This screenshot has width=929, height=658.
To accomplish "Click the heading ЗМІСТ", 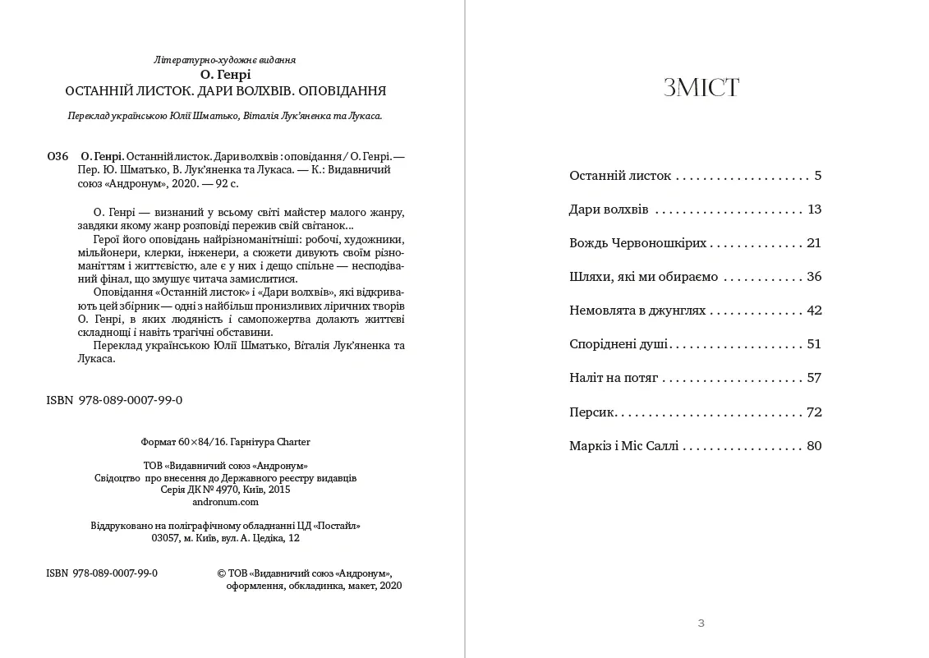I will (x=701, y=88).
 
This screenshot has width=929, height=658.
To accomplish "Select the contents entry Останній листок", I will (x=620, y=176).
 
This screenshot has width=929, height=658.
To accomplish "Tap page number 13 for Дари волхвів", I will (x=814, y=209).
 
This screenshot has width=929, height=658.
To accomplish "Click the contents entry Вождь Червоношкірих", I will (x=637, y=243).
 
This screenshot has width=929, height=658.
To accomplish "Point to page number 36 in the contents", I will (x=814, y=277).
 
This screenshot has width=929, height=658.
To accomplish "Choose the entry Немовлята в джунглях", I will (x=637, y=311).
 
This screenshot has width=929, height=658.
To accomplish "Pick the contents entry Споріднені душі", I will (x=619, y=344).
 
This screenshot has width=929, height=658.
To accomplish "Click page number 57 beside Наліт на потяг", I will (x=814, y=378).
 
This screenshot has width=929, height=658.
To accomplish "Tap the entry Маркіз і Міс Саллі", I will (x=624, y=446).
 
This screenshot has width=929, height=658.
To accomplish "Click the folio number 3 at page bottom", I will (x=701, y=623).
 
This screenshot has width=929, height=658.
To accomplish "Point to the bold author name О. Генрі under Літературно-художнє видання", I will (x=225, y=75).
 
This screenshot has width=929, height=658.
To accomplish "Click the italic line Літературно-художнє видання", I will (x=225, y=60).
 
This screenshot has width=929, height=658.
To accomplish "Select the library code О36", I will (x=57, y=156).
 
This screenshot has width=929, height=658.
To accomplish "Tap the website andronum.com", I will (x=225, y=502).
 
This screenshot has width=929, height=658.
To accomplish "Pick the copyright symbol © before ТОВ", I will (x=221, y=573).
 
